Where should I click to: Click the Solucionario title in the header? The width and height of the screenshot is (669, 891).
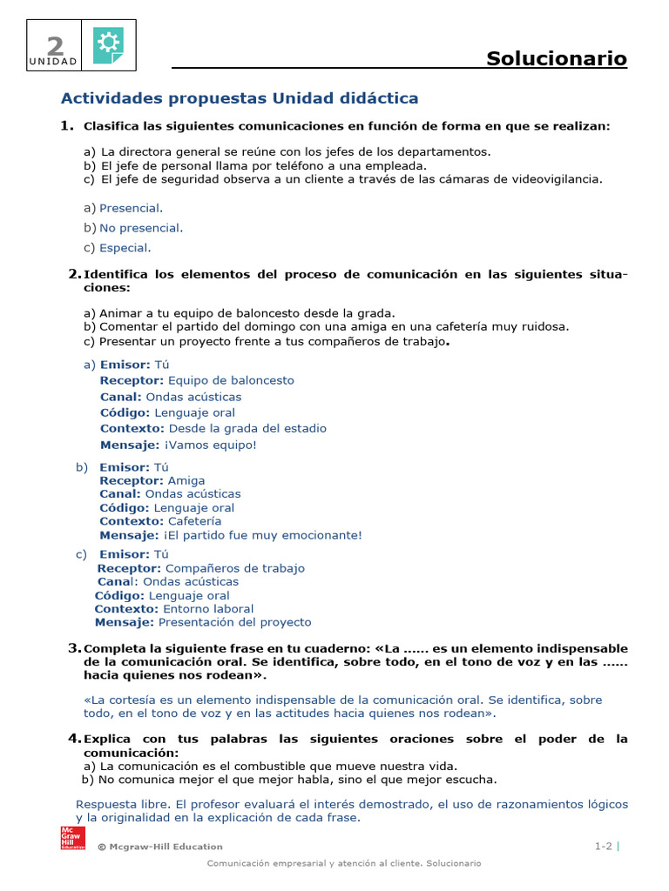coord(556,58)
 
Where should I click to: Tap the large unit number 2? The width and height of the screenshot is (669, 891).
coord(55,44)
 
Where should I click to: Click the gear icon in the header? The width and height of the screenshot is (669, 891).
coord(108,44)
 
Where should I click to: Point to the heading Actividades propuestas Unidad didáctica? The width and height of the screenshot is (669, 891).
coord(239,97)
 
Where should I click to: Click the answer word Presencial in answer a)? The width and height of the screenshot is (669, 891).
coord(131,208)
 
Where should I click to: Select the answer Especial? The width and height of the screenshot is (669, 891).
coord(125,248)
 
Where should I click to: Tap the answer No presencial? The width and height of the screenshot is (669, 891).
coord(140,228)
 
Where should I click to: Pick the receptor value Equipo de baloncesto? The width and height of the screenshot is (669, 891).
coord(231,380)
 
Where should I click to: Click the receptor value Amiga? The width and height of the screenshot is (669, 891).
coord(186,480)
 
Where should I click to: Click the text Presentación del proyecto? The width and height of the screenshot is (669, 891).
coord(234,622)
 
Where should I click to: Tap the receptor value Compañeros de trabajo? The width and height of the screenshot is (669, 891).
coord(235,568)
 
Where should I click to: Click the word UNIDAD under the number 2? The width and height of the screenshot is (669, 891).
coord(53,62)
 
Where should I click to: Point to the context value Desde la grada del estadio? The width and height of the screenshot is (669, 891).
coord(247,428)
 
